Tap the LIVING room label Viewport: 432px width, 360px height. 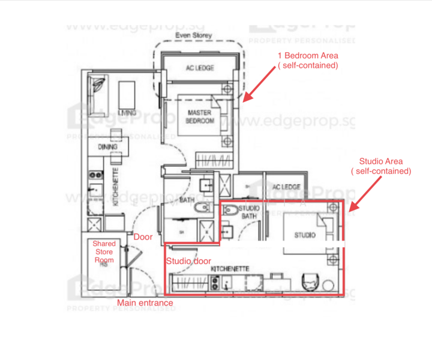[x=126, y=113]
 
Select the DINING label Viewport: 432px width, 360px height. [x=107, y=147]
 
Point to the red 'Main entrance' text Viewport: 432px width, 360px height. [x=145, y=303]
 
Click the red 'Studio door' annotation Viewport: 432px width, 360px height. [x=188, y=261]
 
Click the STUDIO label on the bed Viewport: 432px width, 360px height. [x=305, y=235]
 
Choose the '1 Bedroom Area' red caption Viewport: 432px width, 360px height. [x=307, y=60]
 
